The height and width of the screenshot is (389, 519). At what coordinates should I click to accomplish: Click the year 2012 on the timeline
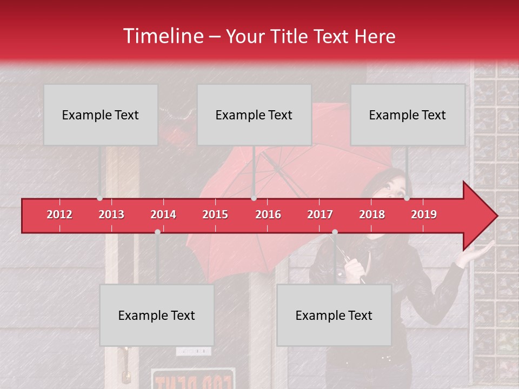coord(59,214)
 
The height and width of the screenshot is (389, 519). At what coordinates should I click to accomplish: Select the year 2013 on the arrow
coord(111,214)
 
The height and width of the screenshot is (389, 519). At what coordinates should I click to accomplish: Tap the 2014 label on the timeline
coord(163,214)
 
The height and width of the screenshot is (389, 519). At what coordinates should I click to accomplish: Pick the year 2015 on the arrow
coord(215,214)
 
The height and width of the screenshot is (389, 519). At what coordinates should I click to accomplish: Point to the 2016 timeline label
coord(268,214)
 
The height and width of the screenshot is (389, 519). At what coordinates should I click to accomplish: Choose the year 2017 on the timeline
coord(320,214)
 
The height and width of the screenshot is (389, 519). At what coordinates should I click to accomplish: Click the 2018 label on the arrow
coord(372,214)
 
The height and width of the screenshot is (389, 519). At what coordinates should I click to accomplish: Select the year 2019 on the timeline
coord(424,214)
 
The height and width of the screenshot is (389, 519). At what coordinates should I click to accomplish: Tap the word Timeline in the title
coord(162,36)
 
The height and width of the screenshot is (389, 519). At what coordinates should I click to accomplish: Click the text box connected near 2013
coord(101,115)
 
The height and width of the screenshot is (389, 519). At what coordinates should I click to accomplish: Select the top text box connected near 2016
coord(254,115)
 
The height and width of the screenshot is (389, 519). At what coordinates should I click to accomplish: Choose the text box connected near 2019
coord(408,115)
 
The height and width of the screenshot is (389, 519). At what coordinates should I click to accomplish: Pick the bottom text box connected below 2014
coord(157,315)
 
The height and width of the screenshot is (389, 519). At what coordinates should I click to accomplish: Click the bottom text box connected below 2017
coord(334,315)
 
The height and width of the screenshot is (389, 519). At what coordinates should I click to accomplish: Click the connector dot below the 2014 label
coord(157,232)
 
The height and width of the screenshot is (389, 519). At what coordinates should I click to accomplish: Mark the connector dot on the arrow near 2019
coord(407,198)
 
